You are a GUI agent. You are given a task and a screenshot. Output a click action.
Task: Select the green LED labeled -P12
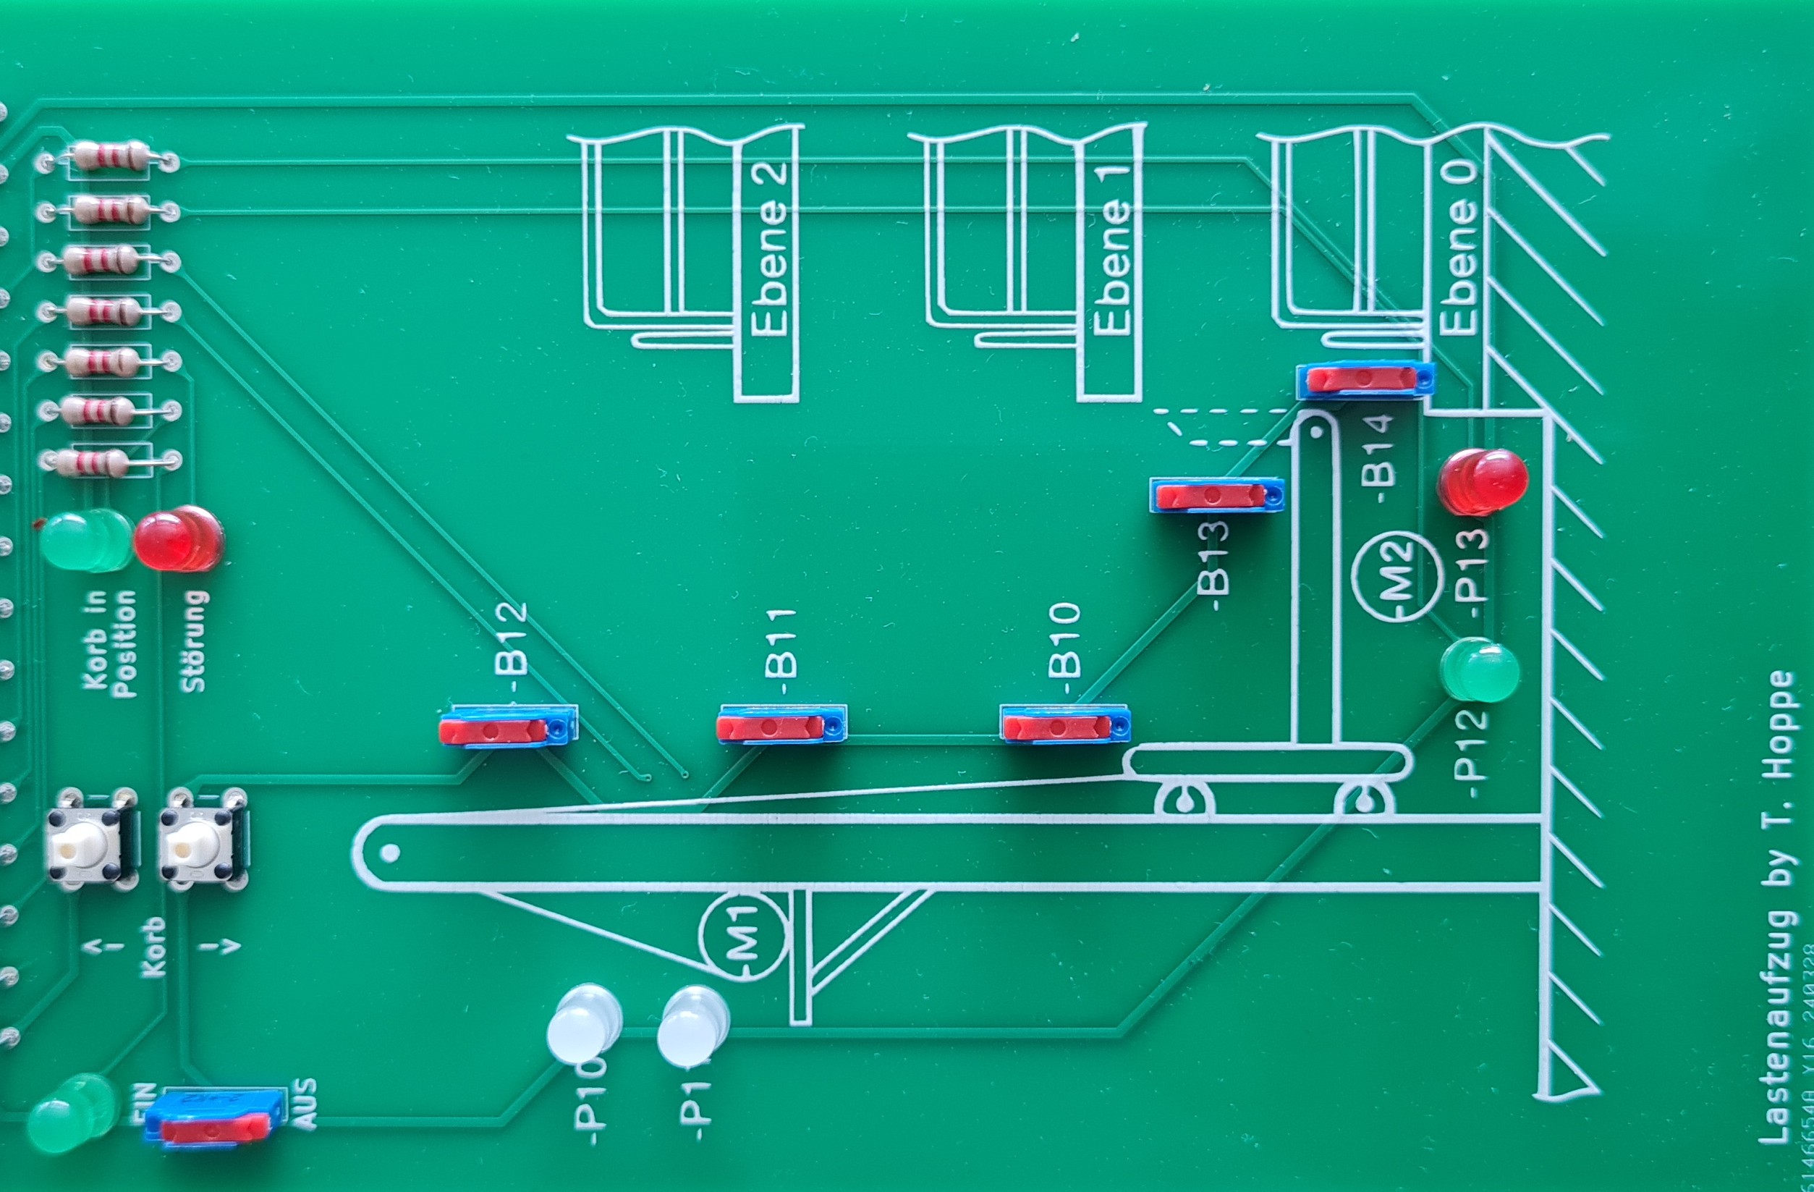(1479, 671)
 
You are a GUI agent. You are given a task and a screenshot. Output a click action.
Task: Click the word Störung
(195, 641)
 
